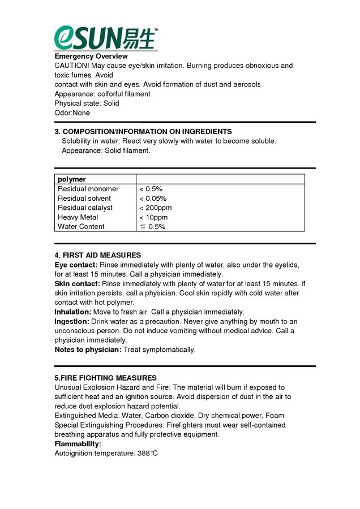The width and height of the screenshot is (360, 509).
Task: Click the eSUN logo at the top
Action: tap(106, 38)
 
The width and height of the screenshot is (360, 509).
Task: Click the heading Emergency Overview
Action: tap(91, 57)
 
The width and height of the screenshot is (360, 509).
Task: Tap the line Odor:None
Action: tap(72, 113)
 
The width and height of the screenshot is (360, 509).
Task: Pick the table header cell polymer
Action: tap(72, 179)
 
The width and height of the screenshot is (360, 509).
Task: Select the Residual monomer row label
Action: tap(88, 189)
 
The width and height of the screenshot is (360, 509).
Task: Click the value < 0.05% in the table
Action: tap(153, 199)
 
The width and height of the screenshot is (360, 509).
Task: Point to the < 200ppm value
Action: tap(156, 208)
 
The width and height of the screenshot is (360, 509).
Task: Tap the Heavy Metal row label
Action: tap(78, 217)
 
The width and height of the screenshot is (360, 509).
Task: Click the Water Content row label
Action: tap(81, 227)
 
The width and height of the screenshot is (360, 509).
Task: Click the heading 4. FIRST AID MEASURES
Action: tap(97, 256)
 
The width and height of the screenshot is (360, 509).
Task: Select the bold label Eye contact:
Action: tap(76, 265)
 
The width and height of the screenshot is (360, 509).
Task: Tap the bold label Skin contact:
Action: tap(77, 283)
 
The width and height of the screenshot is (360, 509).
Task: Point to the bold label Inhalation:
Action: tap(72, 312)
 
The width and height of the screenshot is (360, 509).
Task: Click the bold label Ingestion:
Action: tap(72, 321)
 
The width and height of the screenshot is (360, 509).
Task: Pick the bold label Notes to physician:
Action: tap(88, 350)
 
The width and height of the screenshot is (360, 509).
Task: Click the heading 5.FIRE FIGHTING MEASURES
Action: tap(105, 378)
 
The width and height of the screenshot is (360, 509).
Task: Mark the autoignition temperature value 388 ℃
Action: tap(146, 454)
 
